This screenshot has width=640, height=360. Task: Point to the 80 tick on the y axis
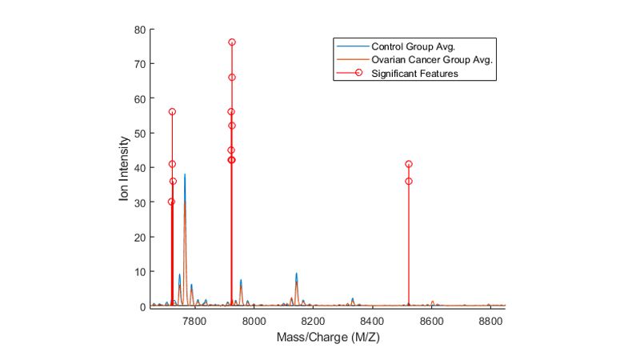(x=139, y=30)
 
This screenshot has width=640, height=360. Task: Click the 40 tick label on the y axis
(x=139, y=168)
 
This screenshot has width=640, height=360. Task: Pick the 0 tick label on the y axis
(x=142, y=306)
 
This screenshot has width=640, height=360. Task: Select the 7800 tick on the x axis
(x=194, y=320)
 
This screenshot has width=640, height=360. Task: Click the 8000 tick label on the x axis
(x=254, y=320)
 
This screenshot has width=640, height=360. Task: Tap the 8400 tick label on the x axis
(x=372, y=320)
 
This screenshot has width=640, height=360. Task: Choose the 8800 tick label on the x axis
(x=490, y=320)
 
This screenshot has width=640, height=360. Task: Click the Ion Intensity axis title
(x=124, y=168)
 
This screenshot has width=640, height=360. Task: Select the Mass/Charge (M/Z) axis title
(x=327, y=337)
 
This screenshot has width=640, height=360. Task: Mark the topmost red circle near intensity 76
(x=232, y=42)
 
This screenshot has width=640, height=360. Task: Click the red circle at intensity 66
(x=232, y=78)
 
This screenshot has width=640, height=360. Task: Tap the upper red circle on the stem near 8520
(x=409, y=164)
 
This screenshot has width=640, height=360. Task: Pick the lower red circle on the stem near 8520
(x=409, y=182)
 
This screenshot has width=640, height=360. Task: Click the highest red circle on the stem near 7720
(x=172, y=112)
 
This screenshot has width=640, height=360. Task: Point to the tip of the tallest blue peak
(x=185, y=174)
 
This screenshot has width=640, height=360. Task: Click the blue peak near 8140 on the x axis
(x=296, y=274)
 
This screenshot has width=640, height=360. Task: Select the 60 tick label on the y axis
(x=139, y=98)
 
